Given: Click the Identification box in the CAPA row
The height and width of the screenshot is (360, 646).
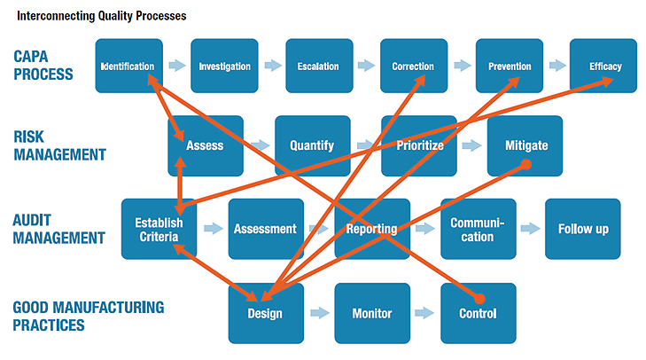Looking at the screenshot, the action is [x=129, y=66].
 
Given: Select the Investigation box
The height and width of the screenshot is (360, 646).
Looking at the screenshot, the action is [x=224, y=66].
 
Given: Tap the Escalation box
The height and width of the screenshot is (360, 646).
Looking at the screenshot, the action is [x=319, y=66].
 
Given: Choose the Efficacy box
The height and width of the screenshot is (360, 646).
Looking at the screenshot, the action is [x=603, y=66].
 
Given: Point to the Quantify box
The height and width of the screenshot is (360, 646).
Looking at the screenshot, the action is [x=313, y=145].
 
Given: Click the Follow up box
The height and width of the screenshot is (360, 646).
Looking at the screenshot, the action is [x=583, y=229].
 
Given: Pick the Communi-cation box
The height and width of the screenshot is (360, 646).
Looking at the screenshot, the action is [x=479, y=229].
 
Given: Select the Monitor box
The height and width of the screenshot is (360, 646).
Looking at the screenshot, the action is [x=372, y=313].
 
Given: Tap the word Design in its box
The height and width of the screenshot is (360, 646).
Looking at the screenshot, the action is [x=265, y=314].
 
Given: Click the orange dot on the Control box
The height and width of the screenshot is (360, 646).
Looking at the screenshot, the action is [x=479, y=299].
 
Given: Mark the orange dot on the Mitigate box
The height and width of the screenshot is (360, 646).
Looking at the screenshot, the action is [x=526, y=165].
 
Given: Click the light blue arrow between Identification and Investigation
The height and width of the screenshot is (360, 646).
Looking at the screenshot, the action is [x=177, y=65].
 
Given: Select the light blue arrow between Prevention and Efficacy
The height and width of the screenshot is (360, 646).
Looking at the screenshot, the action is [x=557, y=65].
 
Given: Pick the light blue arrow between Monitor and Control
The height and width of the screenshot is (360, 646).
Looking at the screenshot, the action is [x=424, y=313].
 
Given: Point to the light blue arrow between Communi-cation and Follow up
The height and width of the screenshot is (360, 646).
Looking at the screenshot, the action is [x=530, y=229].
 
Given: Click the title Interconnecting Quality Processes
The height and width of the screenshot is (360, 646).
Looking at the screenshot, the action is [x=101, y=16].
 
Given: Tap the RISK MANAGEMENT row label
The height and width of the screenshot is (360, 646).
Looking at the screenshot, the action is [x=59, y=145].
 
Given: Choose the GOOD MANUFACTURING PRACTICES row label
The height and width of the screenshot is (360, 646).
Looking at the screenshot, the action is [x=88, y=317].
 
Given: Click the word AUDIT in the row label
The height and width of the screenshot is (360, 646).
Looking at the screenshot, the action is [x=32, y=220].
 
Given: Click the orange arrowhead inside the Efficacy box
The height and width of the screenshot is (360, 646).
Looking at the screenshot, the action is [x=606, y=82].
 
